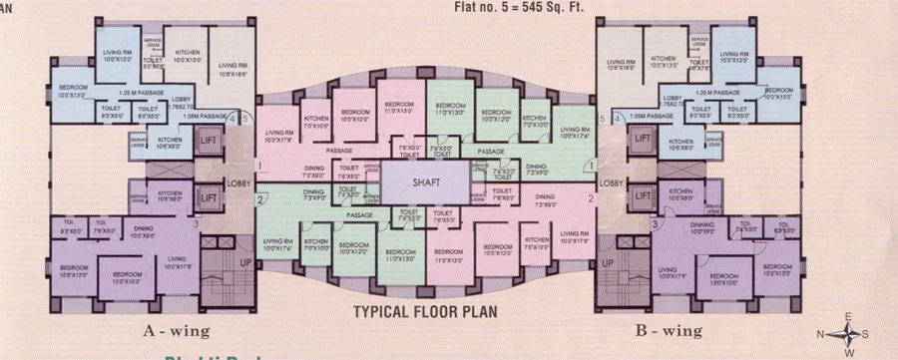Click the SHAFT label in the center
426,182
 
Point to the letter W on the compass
848,352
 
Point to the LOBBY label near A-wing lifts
238,183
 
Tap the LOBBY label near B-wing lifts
612,183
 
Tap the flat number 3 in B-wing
655,224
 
